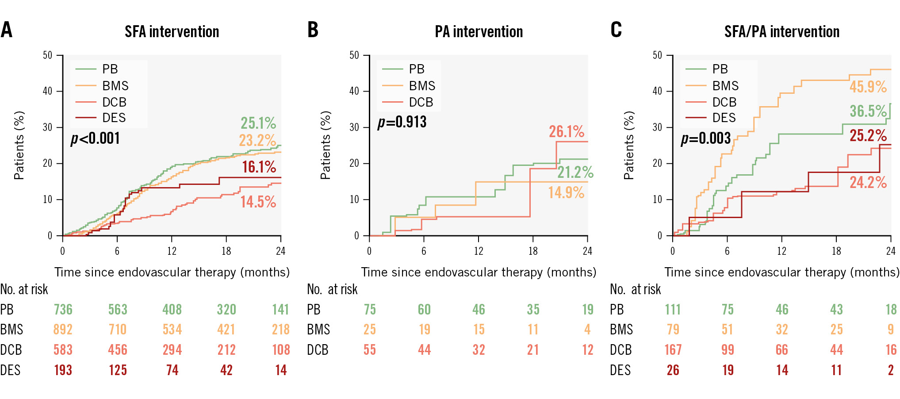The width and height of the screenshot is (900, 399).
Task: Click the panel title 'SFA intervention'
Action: point(172,32)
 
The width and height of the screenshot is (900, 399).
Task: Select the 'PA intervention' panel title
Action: point(479,32)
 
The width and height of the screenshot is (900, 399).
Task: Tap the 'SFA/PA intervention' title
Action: point(781,32)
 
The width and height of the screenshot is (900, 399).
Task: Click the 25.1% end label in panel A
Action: point(258,123)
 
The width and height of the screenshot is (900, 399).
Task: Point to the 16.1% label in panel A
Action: point(259,167)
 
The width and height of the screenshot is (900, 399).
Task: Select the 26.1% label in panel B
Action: point(567,131)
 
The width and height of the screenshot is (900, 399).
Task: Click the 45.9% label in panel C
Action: point(868,87)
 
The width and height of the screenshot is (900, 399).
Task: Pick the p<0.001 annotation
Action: point(96,138)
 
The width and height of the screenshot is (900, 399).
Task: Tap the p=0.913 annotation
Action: point(402,122)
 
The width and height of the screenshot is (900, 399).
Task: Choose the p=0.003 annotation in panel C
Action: point(705,138)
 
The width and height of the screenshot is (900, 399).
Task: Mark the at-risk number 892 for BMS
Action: point(63,330)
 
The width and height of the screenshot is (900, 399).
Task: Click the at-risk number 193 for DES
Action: point(63,370)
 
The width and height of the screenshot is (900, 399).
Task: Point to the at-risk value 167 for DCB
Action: point(673,350)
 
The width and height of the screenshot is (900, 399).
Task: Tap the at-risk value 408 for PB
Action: point(172,310)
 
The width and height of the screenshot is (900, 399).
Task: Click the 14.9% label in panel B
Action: point(566,192)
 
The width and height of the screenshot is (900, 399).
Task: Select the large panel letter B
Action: point(313,30)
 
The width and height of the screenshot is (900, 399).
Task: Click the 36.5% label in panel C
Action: point(868,111)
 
